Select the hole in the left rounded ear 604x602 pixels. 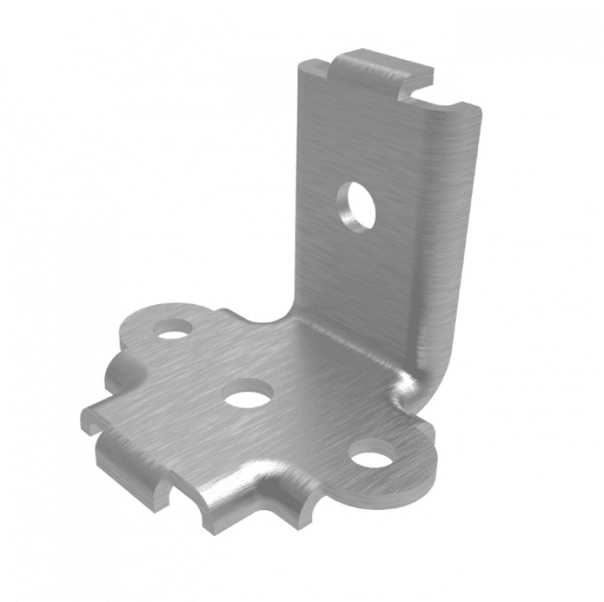click(174, 329)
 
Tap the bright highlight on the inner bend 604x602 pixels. click(407, 384)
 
